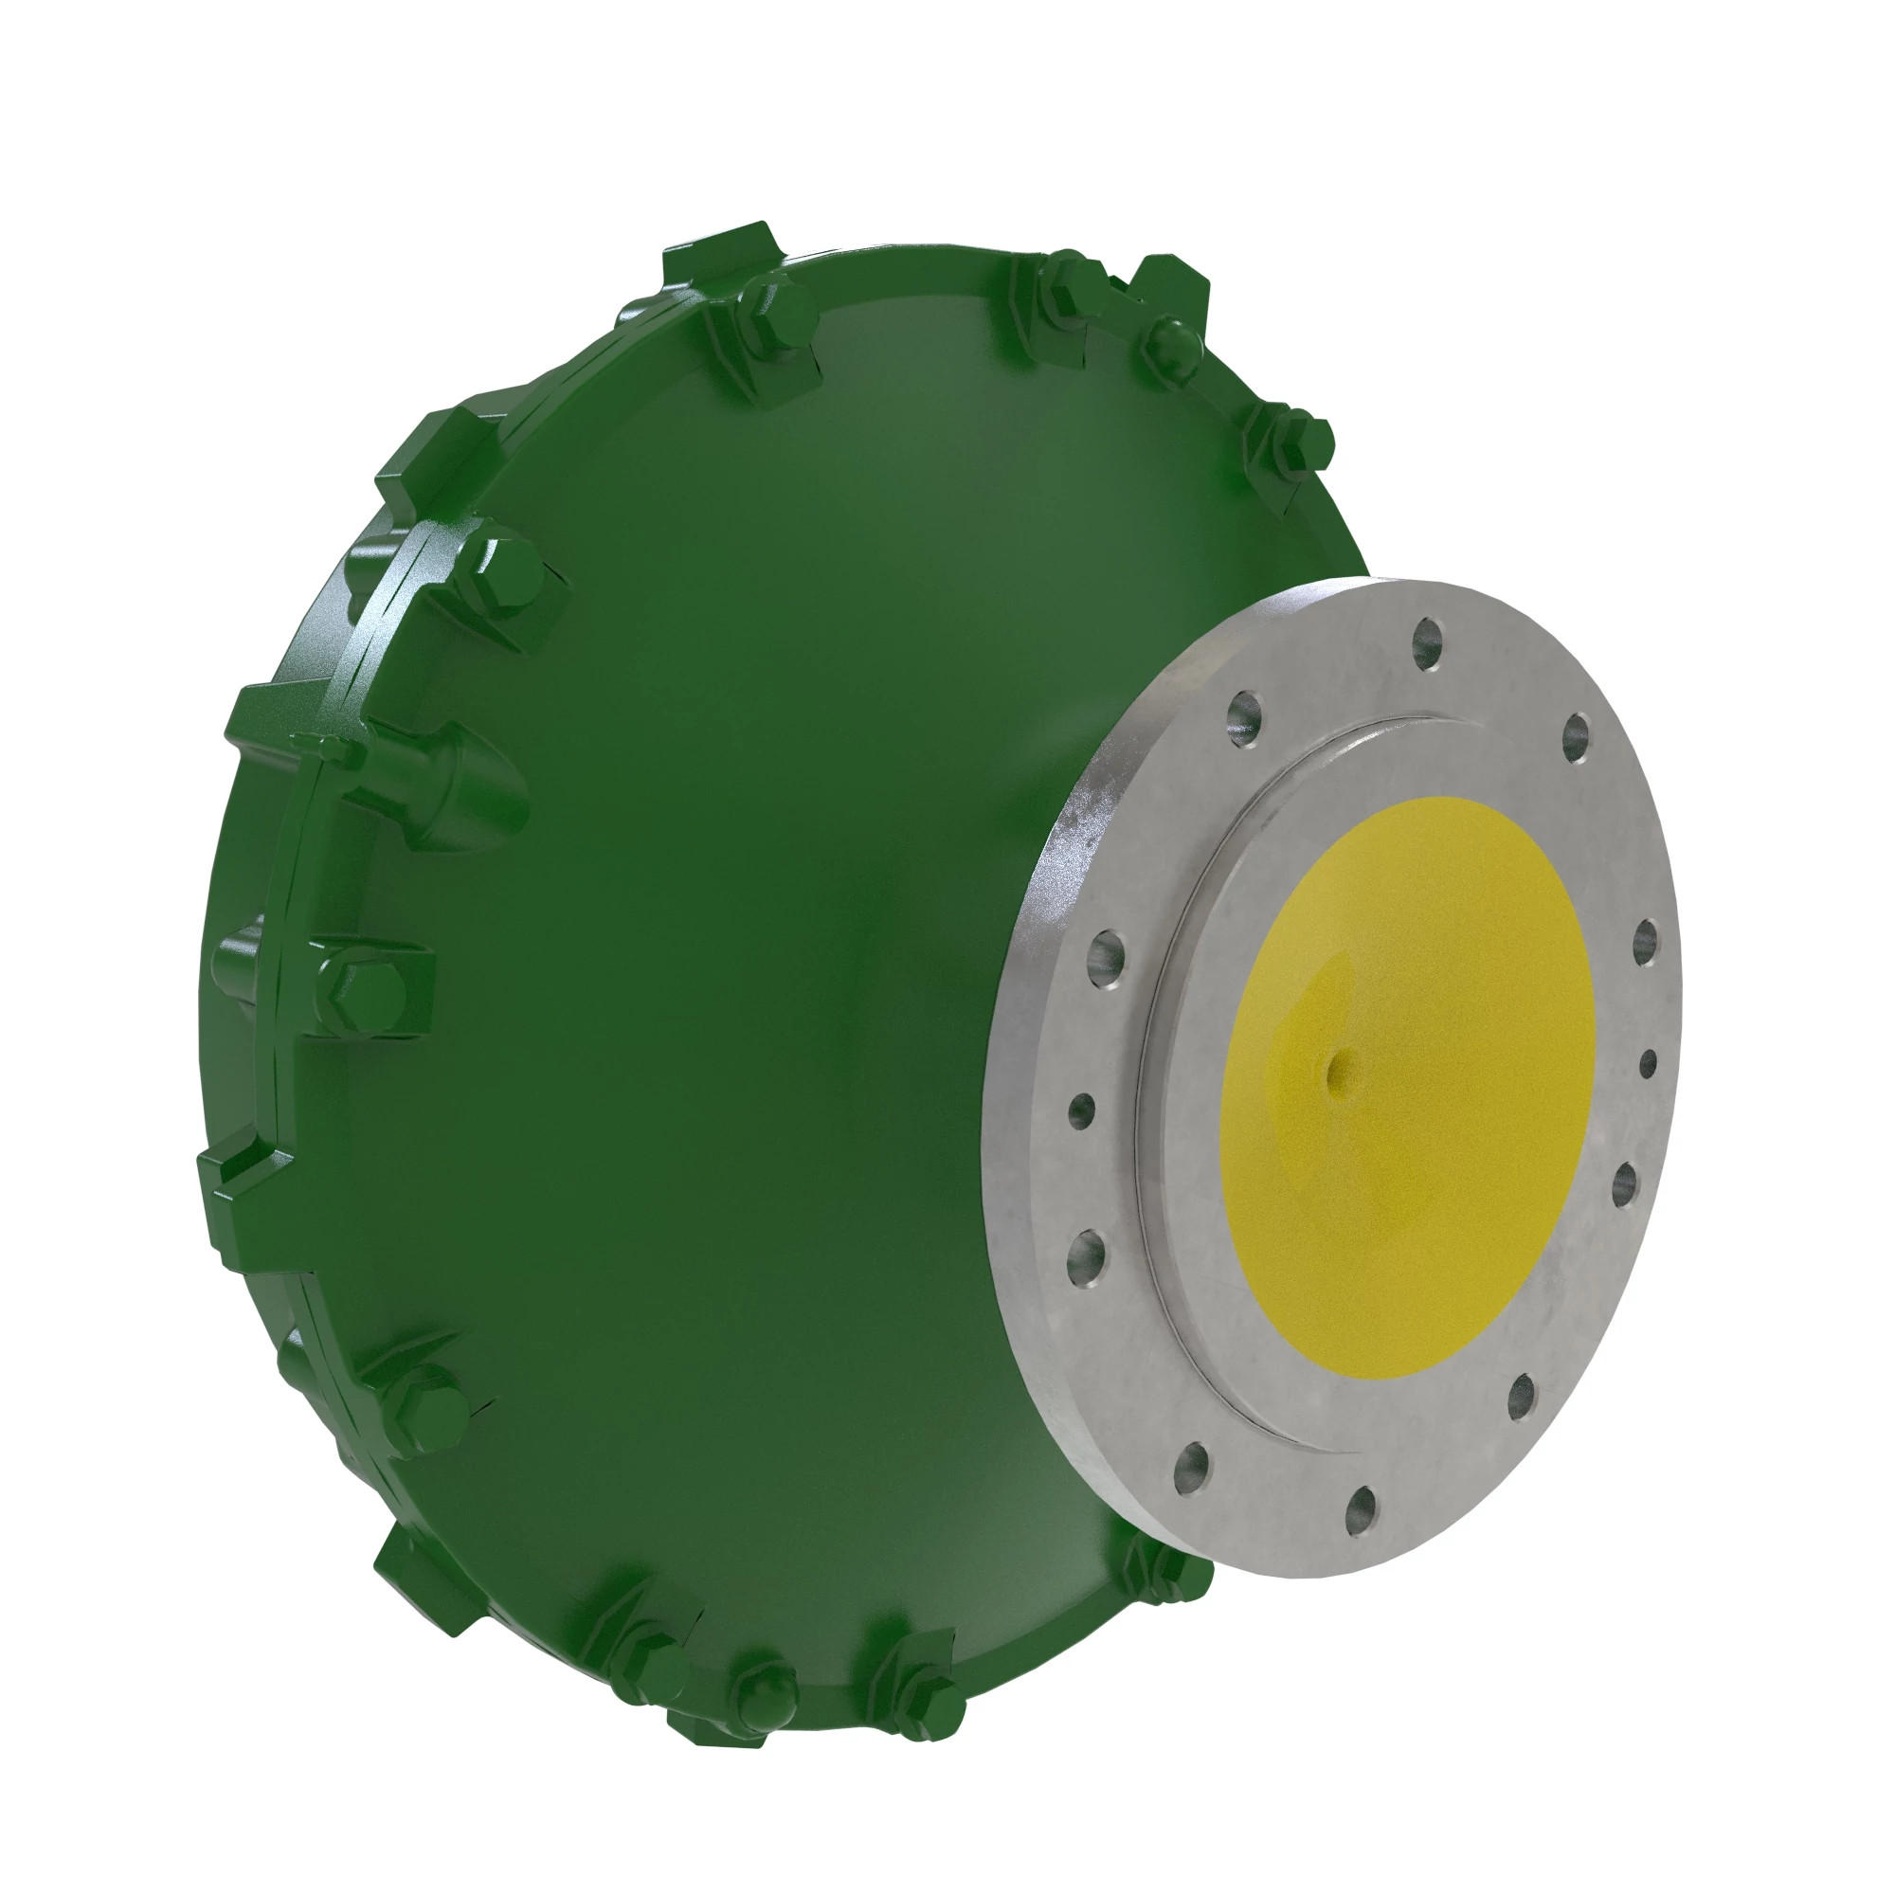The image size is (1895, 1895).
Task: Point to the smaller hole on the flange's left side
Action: point(1081,1110)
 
